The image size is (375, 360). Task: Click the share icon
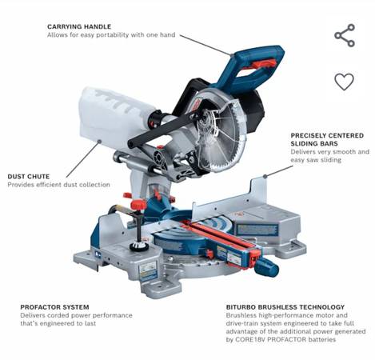click(x=345, y=35)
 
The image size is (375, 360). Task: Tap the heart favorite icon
click(x=345, y=82)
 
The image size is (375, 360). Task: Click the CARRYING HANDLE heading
click(x=79, y=26)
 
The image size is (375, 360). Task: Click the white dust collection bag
click(x=116, y=110)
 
